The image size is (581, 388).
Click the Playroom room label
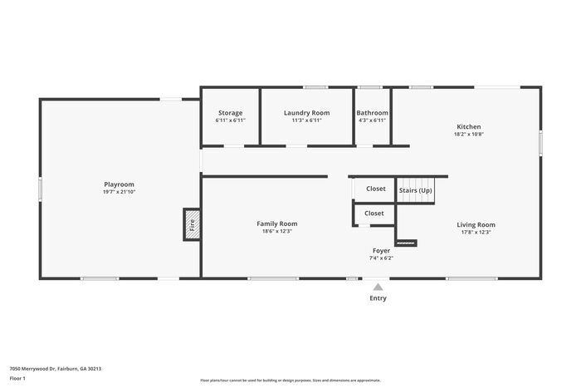[x=119, y=184]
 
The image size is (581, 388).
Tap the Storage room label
[x=230, y=113]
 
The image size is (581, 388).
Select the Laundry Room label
[x=306, y=113]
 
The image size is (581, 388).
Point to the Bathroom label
[x=372, y=113]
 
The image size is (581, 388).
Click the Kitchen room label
[x=468, y=126]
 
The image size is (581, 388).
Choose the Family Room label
[x=276, y=223]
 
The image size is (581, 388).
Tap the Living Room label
[x=476, y=224]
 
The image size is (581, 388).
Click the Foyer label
[x=381, y=250]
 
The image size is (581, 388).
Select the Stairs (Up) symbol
[x=415, y=189]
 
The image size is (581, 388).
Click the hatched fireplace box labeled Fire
[x=192, y=224]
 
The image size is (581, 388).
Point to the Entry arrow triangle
[x=378, y=287]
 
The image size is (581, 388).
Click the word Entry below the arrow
[x=378, y=298]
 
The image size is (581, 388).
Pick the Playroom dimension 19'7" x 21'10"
[x=119, y=192]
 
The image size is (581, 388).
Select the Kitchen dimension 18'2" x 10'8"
[x=468, y=134]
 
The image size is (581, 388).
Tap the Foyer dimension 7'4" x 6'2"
[x=381, y=258]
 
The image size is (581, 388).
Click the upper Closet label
[x=375, y=189]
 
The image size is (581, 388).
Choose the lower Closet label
[x=374, y=214]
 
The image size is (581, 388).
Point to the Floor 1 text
[x=17, y=378]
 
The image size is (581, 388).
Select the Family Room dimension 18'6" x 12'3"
[x=276, y=231]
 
